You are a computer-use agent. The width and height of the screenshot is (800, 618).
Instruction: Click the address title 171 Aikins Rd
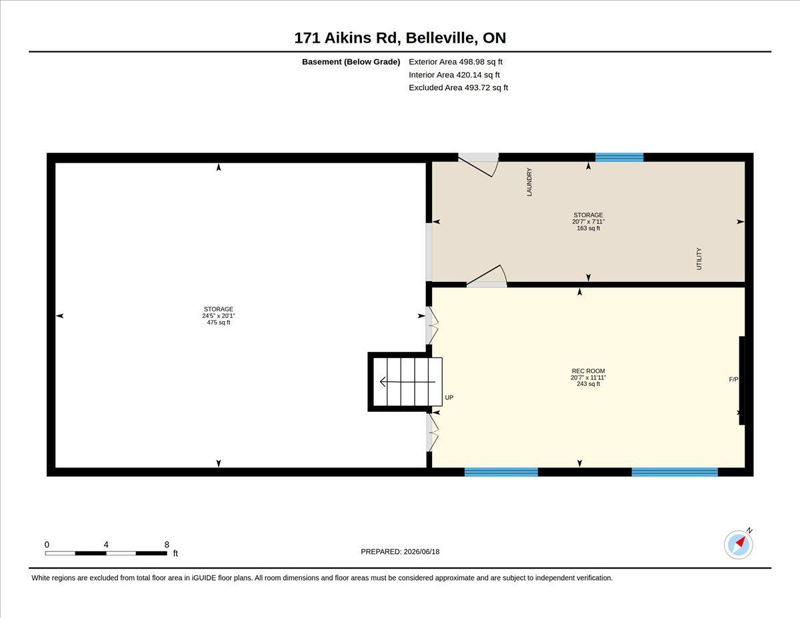tap(347, 38)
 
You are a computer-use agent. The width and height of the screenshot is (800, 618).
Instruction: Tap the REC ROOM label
tap(588, 371)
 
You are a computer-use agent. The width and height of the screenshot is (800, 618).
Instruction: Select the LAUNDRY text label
tap(529, 182)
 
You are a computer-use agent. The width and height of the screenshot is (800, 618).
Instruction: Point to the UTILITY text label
tap(699, 259)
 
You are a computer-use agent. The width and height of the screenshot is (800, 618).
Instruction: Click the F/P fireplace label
tap(733, 379)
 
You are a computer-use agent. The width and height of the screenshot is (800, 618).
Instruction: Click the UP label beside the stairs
tap(449, 397)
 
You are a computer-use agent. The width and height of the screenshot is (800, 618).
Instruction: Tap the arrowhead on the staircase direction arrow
tap(383, 382)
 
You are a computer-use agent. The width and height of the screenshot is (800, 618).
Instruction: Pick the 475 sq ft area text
tap(218, 323)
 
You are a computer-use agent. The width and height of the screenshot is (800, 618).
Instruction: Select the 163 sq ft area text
tap(588, 228)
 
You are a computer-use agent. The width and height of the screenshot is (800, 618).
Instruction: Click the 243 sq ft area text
tap(588, 384)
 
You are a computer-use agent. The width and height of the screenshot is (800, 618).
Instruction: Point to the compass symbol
tap(738, 545)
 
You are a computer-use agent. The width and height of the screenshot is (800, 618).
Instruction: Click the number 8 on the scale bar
tap(167, 545)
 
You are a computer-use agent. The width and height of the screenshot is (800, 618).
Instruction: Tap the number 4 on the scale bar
tap(106, 545)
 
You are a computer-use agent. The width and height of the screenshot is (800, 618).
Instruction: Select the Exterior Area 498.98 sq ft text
tap(455, 62)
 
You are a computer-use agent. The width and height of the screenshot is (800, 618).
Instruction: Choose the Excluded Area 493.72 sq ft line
tap(459, 87)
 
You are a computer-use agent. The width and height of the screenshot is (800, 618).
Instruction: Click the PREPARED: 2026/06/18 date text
tap(400, 551)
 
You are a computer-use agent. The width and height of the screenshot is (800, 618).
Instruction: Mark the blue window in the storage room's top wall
tap(619, 157)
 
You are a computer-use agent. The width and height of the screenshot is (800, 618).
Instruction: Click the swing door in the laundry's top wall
tap(478, 165)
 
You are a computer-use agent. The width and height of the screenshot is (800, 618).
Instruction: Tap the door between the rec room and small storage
tap(487, 277)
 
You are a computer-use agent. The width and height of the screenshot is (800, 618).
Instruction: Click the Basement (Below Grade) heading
tap(351, 62)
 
